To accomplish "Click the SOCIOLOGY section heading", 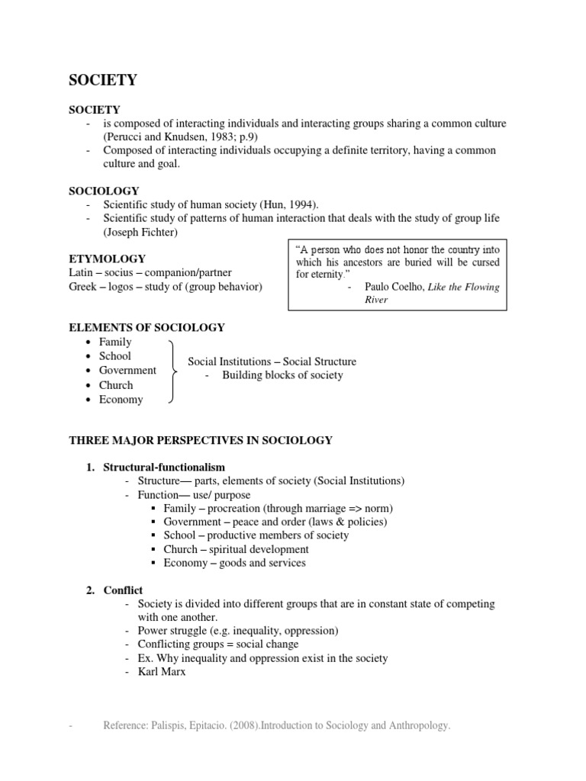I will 104,190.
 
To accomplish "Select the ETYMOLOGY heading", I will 107,259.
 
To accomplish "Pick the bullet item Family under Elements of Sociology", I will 115,342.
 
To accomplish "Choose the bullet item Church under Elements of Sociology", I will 116,385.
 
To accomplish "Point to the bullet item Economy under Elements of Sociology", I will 121,399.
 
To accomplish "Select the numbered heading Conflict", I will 123,590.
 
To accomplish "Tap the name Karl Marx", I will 162,672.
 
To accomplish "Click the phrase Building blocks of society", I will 282,374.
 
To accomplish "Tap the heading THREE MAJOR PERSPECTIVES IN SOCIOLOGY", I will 201,440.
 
